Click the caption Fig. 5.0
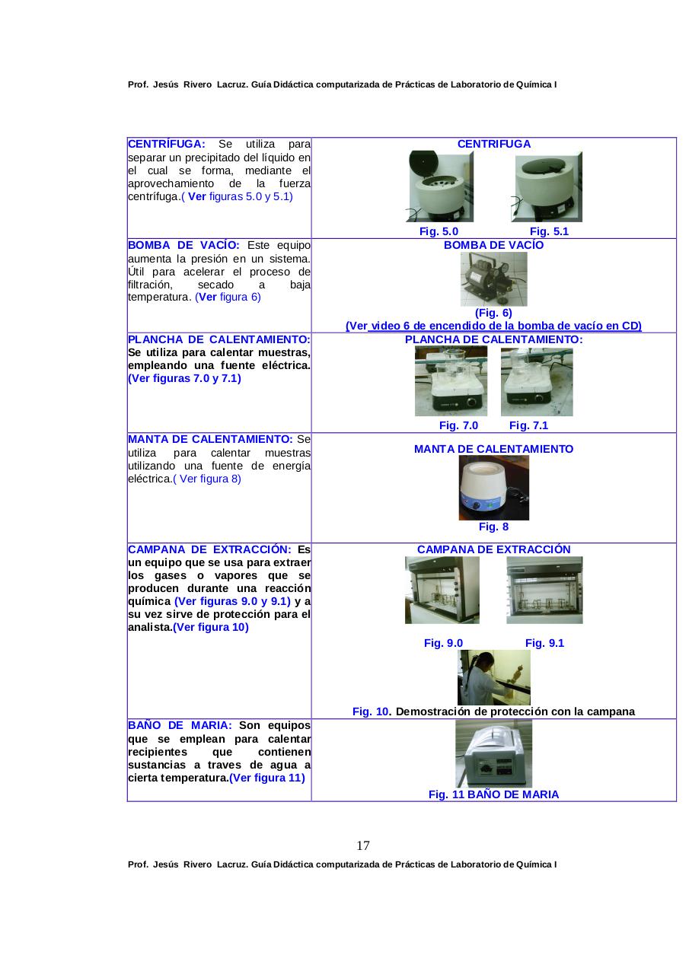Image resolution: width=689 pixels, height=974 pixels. [x=439, y=231]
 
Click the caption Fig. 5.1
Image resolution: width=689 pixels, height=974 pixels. [x=549, y=231]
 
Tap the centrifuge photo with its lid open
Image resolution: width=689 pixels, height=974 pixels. [x=441, y=187]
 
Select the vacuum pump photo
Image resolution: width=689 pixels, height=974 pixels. [x=493, y=279]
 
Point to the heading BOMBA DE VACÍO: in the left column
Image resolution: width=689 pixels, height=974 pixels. [x=183, y=245]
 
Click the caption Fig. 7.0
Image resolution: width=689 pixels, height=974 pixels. [x=458, y=425]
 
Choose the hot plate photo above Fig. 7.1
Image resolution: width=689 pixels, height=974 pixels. [x=537, y=381]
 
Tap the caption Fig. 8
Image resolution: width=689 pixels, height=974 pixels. [x=493, y=527]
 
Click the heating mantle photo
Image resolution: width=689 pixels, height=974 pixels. [x=493, y=488]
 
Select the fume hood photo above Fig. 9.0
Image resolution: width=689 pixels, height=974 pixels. [x=442, y=590]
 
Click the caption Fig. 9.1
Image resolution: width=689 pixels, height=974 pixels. [x=544, y=643]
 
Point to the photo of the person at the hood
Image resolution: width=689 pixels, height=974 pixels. [x=493, y=677]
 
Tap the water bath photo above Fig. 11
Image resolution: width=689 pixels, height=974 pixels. [x=493, y=754]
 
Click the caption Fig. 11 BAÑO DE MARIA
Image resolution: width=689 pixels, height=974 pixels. [x=493, y=794]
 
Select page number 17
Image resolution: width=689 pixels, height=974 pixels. [x=363, y=845]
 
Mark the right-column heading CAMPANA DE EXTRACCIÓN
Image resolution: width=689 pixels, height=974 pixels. [x=493, y=549]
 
